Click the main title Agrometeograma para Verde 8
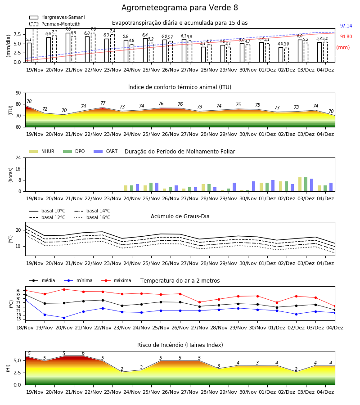[x=180, y=8]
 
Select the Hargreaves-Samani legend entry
[x=57, y=17]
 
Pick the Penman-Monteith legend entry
[x=55, y=24]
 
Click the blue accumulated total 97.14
[x=346, y=26]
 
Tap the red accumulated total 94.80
[x=346, y=37]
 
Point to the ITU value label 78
[x=29, y=102]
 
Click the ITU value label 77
[x=103, y=103]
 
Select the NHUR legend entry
[x=42, y=151]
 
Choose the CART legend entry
[x=106, y=151]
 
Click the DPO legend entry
[x=74, y=151]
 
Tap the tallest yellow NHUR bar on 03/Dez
[x=300, y=184]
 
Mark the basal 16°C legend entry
[x=92, y=217]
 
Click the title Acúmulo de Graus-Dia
[x=180, y=216]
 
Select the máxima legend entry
[x=116, y=280]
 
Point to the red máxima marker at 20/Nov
[x=64, y=289]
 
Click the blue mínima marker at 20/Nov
[x=64, y=318]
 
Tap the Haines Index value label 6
[x=83, y=353]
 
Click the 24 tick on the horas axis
[x=18, y=158]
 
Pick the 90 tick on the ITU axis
[x=18, y=93]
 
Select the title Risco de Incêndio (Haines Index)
[x=180, y=345]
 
